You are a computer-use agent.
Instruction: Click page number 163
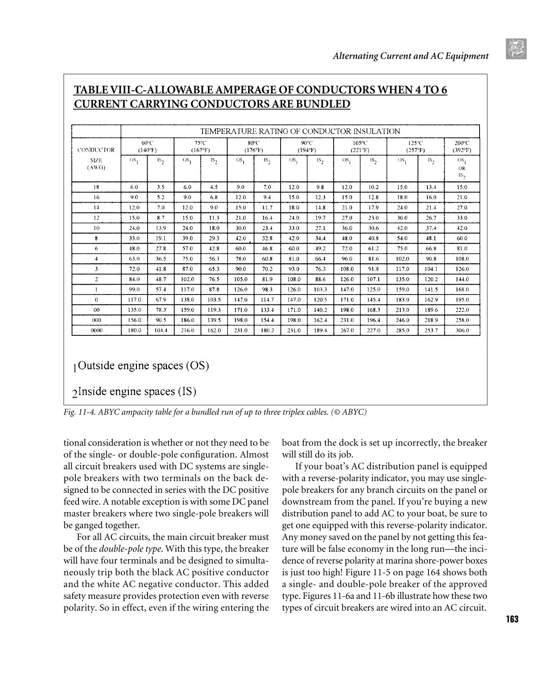point(512,619)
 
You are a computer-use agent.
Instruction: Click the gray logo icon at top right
point(516,49)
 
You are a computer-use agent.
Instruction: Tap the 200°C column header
point(462,146)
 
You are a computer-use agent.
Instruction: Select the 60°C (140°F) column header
point(147,146)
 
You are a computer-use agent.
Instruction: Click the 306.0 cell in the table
point(462,330)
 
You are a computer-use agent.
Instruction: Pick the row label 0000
point(97,330)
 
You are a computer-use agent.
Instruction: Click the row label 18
point(97,187)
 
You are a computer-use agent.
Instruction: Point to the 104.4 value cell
point(161,330)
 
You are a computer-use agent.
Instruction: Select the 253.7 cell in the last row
point(431,330)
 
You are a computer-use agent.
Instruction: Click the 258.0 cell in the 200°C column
point(462,320)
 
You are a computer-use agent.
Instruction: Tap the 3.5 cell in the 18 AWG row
point(161,187)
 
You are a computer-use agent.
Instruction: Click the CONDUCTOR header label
point(96,150)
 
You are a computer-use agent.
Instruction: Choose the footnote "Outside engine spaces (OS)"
point(143,366)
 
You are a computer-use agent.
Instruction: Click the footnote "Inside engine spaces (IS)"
point(137,392)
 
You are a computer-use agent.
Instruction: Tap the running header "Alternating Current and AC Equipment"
point(411,56)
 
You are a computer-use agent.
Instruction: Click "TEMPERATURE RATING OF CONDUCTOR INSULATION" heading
point(300,131)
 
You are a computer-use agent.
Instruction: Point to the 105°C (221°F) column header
point(360,146)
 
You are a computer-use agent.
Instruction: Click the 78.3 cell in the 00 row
point(161,310)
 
